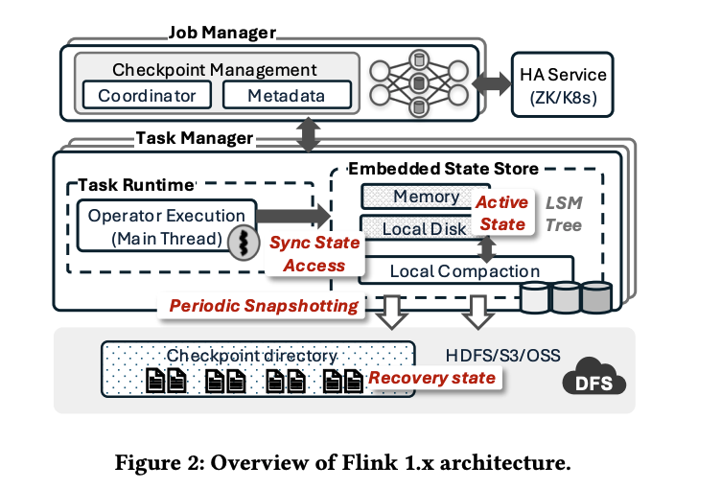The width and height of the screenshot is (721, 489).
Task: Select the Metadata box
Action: click(x=287, y=96)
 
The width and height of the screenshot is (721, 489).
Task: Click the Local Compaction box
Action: click(x=465, y=271)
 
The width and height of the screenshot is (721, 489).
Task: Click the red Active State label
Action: click(x=502, y=213)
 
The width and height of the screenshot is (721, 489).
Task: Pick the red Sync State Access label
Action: click(x=314, y=253)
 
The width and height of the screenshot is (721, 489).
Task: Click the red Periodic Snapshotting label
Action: click(x=264, y=306)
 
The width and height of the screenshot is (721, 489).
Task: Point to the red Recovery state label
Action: click(x=433, y=377)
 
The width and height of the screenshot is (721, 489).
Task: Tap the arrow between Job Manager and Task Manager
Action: click(x=309, y=135)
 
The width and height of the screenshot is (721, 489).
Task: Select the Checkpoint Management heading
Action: click(x=215, y=70)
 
